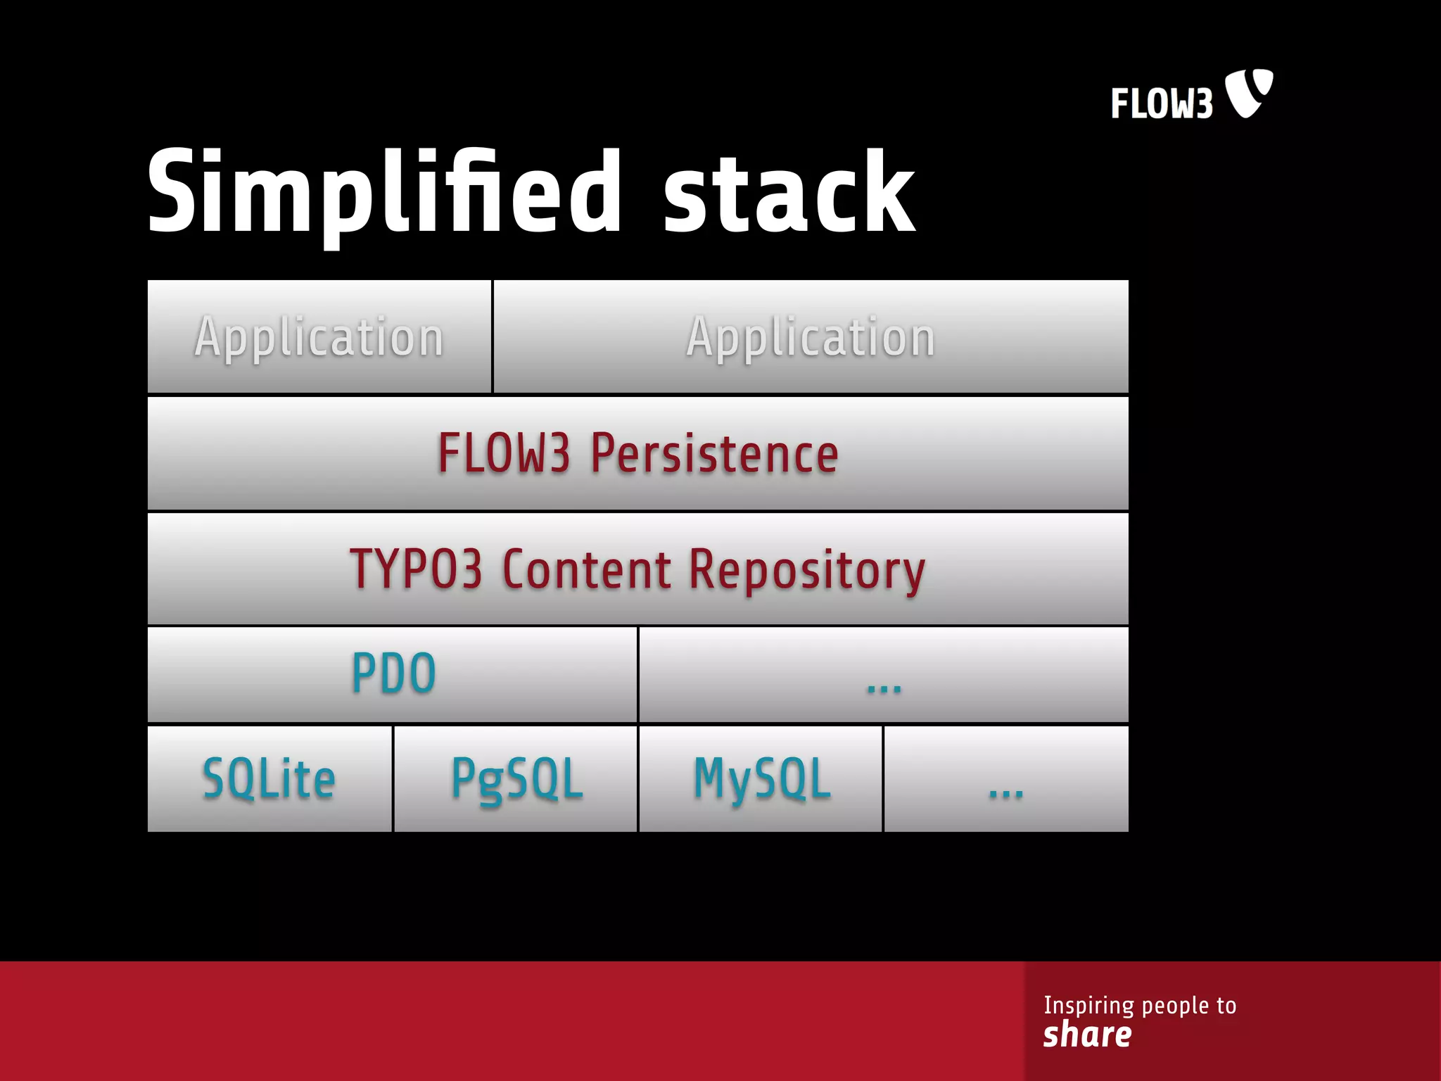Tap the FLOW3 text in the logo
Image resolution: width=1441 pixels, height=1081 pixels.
tap(1162, 103)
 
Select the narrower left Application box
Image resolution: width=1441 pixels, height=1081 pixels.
tap(319, 336)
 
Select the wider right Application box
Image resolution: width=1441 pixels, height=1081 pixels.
tap(811, 336)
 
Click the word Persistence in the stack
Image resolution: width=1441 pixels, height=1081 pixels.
tap(714, 453)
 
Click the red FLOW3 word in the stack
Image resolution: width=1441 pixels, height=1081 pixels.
tap(503, 453)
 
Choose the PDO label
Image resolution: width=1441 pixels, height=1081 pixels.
tap(393, 674)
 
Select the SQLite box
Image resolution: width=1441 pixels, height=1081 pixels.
tap(269, 778)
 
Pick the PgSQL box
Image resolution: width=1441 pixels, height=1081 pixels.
tap(516, 778)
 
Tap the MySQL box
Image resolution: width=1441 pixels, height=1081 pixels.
tap(761, 778)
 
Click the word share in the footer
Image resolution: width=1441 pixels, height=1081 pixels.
tap(1087, 1035)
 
